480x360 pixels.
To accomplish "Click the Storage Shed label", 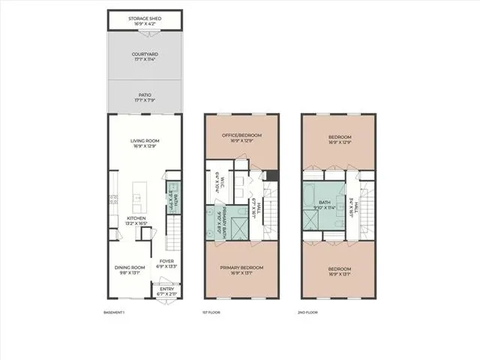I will tap(144, 19).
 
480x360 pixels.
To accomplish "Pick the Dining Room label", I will tap(130, 270).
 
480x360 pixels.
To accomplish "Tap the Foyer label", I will tap(166, 263).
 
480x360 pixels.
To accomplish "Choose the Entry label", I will tap(166, 292).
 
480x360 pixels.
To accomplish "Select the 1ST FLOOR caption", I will tap(209, 312).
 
